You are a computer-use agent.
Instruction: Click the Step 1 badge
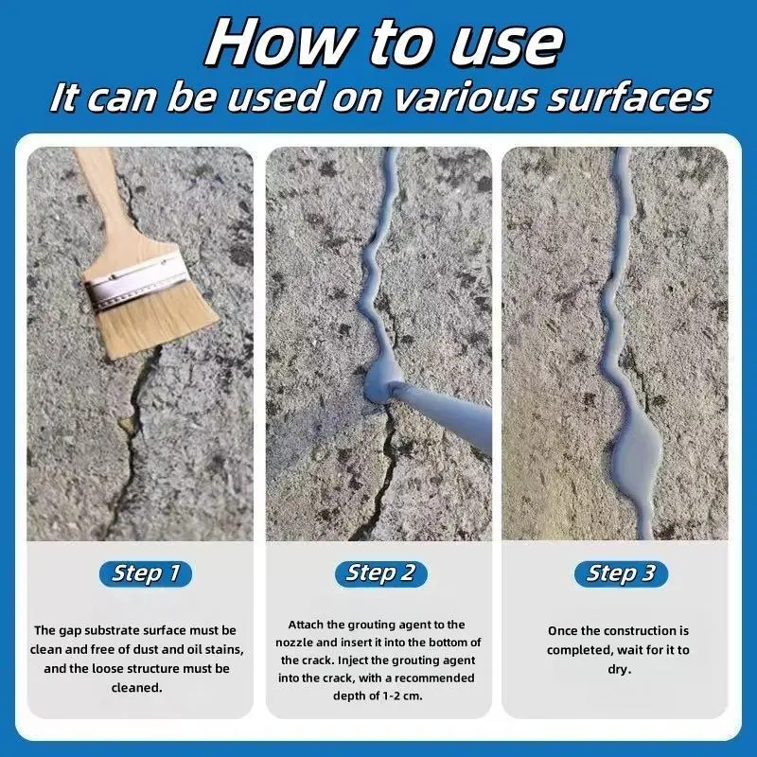pos(146,573)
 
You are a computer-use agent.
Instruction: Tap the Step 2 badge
pos(381,573)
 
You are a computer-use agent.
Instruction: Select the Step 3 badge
pos(621,573)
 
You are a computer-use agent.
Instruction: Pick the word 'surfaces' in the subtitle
pos(628,97)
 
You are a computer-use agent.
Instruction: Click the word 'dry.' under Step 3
pos(620,669)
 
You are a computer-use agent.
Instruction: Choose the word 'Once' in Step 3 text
pos(561,631)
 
